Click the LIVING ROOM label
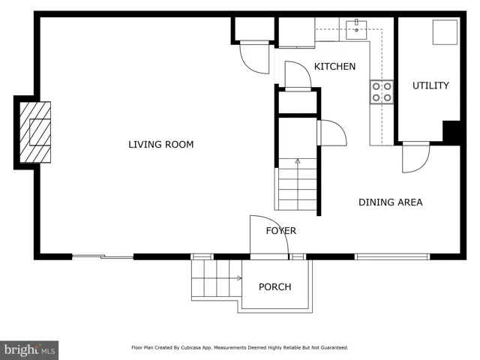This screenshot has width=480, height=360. [161, 145]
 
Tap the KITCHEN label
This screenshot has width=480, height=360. [335, 67]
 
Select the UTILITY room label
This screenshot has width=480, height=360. [430, 85]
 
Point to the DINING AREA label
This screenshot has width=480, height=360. [391, 202]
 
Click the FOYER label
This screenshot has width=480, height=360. [281, 230]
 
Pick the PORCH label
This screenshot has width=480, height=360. [275, 286]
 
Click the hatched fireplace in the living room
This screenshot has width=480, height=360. [35, 132]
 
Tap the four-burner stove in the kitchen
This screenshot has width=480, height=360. [382, 92]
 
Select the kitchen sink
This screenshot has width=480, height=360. [356, 30]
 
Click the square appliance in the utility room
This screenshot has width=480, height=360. [445, 32]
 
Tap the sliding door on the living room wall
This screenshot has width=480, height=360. [103, 256]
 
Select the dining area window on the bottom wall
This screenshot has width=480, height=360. [392, 256]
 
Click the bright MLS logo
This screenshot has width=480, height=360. [29, 350]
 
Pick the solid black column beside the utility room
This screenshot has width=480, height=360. [451, 132]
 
